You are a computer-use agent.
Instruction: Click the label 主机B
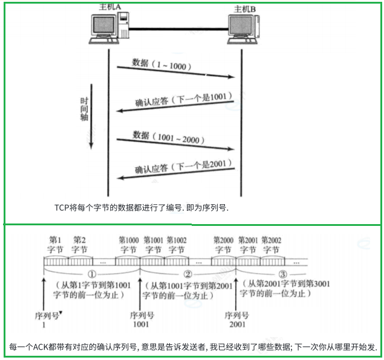[246, 9]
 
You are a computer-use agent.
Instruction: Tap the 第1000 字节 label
[128, 244]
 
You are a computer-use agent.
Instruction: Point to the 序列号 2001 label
[236, 320]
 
